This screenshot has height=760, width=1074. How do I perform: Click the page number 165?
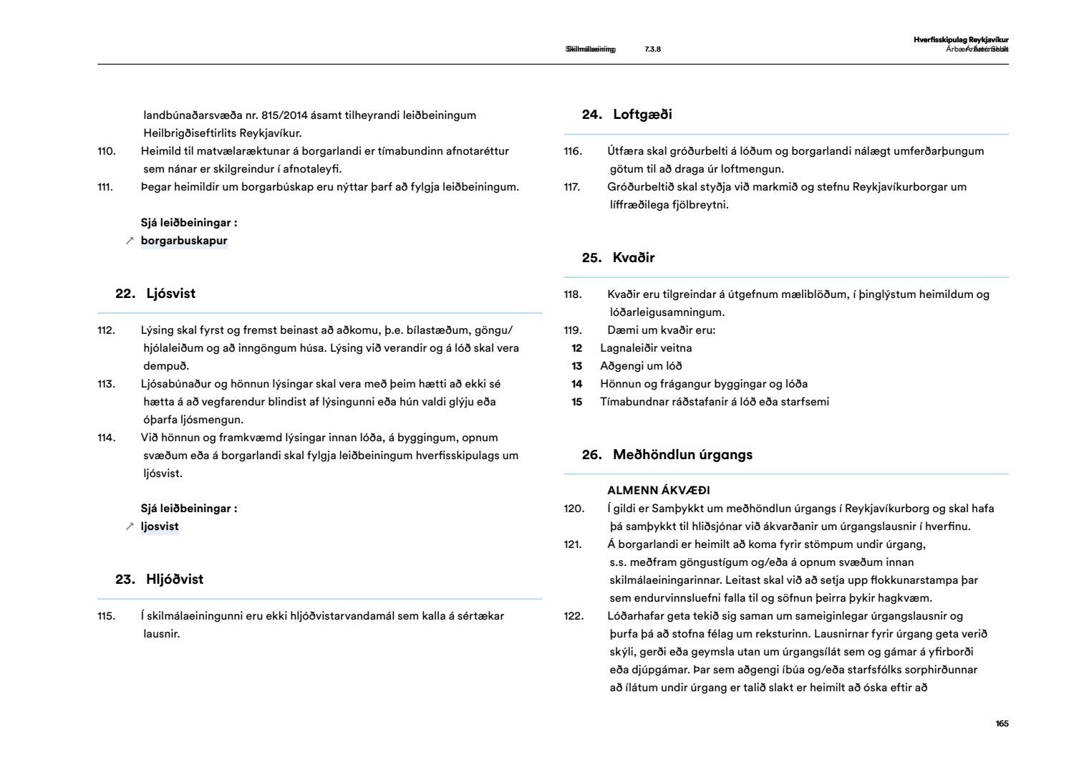[x=1002, y=723]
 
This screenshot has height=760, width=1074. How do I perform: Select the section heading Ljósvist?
[x=170, y=294]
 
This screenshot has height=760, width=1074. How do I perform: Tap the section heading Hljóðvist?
[x=175, y=579]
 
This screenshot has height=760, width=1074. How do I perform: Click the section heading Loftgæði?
[x=642, y=115]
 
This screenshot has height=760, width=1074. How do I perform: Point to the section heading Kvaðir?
[x=634, y=258]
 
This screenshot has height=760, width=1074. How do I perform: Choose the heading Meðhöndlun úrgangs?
[x=682, y=455]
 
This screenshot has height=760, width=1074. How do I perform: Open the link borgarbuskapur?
[x=184, y=241]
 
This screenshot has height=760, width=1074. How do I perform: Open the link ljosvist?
[x=160, y=526]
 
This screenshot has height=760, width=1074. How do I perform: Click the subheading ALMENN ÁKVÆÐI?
[x=658, y=491]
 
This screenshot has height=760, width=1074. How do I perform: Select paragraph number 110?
[x=106, y=151]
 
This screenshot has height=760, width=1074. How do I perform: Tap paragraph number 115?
[x=106, y=616]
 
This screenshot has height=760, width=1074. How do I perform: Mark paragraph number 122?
[x=574, y=616]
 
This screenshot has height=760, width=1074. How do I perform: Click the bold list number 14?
[x=576, y=384]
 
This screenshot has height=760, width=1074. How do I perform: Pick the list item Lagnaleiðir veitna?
[x=646, y=348]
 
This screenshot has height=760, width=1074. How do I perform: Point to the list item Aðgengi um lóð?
[x=641, y=366]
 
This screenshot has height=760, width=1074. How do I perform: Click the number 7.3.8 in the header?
[x=652, y=49]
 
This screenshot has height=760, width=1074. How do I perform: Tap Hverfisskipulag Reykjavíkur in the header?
[x=961, y=40]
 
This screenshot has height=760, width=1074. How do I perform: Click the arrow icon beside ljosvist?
[x=130, y=526]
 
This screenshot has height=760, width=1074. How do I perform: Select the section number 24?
[x=591, y=115]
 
